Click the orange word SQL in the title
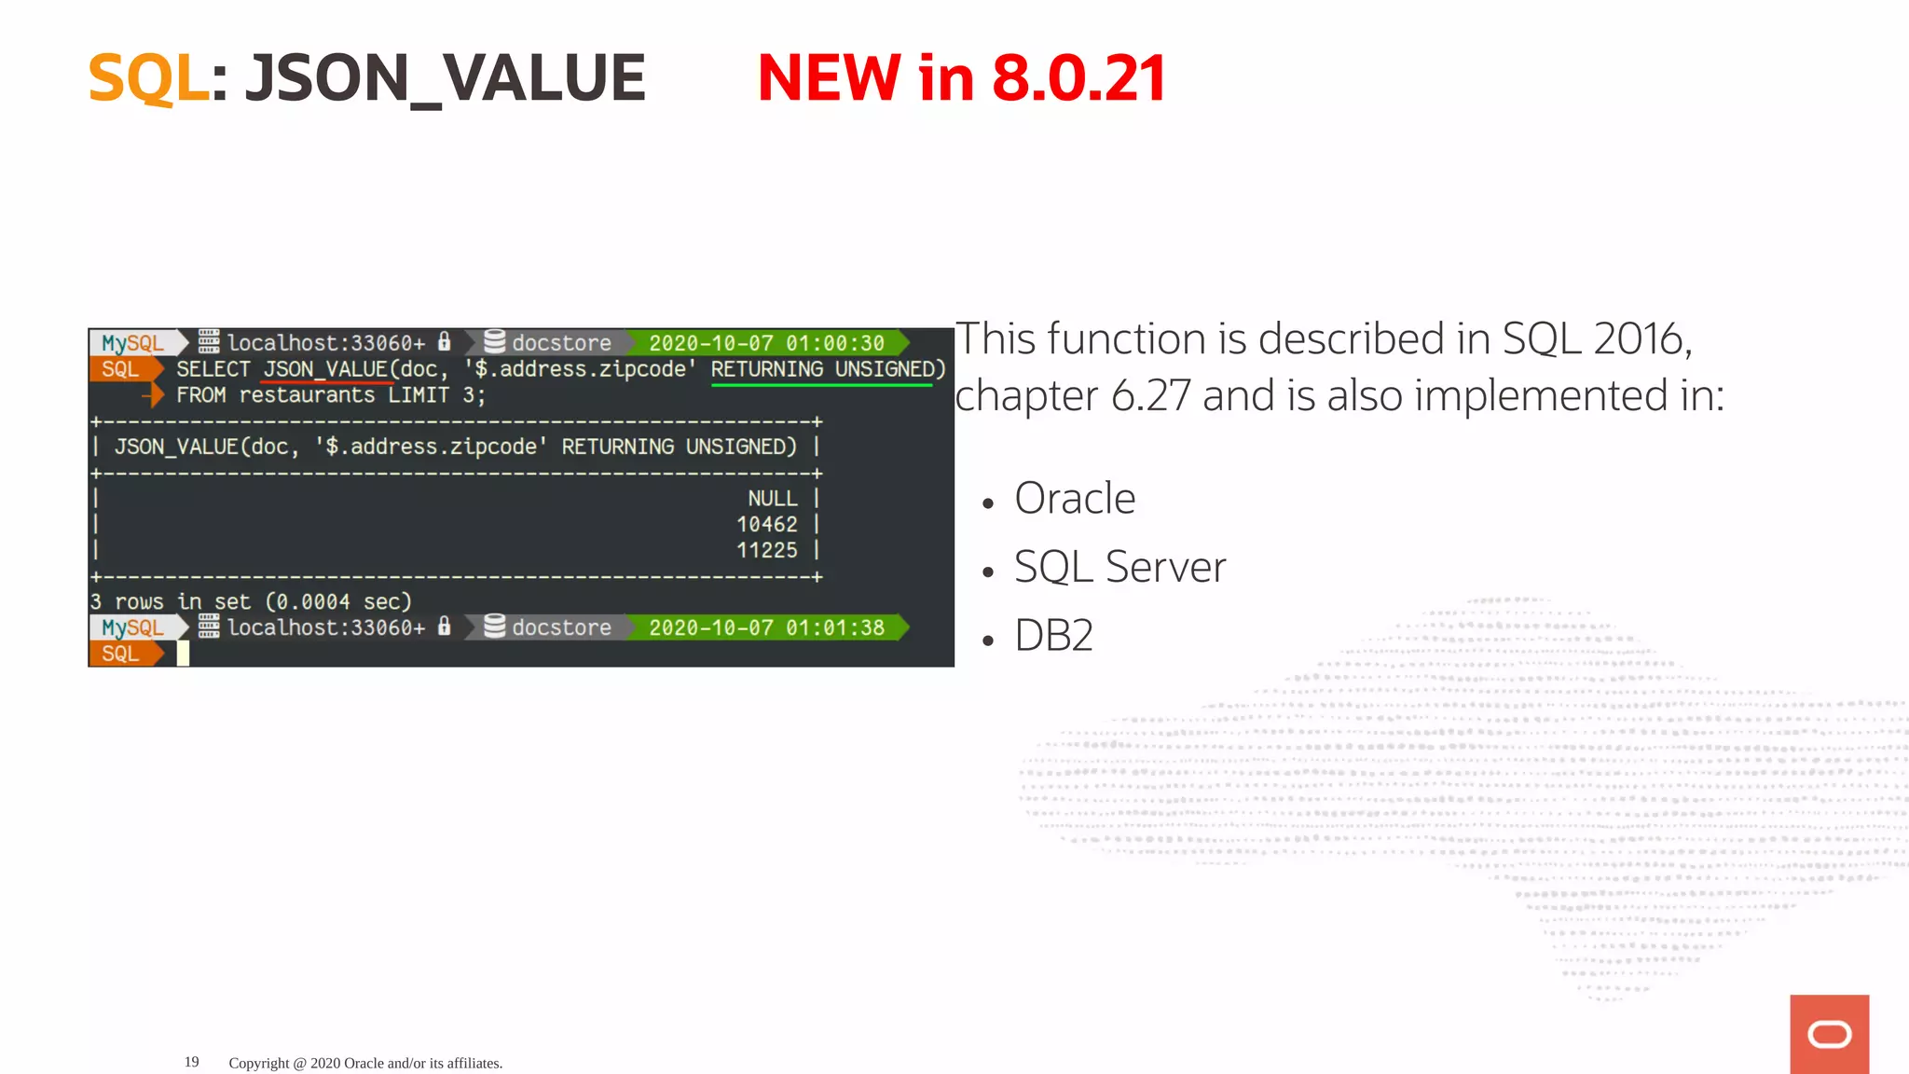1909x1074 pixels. click(x=148, y=78)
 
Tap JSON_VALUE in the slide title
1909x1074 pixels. click(x=445, y=78)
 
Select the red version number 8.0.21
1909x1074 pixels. click(x=1078, y=78)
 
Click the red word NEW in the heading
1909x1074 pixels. click(x=829, y=78)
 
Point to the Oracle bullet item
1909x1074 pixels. click(x=1074, y=499)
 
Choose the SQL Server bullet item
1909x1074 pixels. click(x=1119, y=567)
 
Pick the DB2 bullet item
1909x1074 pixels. click(x=1053, y=636)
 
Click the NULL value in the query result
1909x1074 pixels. click(x=772, y=499)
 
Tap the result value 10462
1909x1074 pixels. click(x=766, y=525)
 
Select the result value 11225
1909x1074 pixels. click(x=766, y=551)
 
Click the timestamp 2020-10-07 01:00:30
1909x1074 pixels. click(x=766, y=343)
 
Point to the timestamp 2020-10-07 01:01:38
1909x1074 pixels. click(x=766, y=628)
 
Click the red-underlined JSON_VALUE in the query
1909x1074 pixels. click(x=325, y=369)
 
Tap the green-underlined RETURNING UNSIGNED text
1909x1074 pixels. click(x=828, y=369)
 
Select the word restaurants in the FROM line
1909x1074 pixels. click(x=307, y=395)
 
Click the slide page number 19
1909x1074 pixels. click(x=192, y=1062)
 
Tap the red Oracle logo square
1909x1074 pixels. click(x=1829, y=1034)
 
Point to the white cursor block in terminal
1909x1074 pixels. click(x=184, y=654)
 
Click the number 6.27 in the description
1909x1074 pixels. click(x=1150, y=396)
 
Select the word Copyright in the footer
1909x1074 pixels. click(x=259, y=1063)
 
